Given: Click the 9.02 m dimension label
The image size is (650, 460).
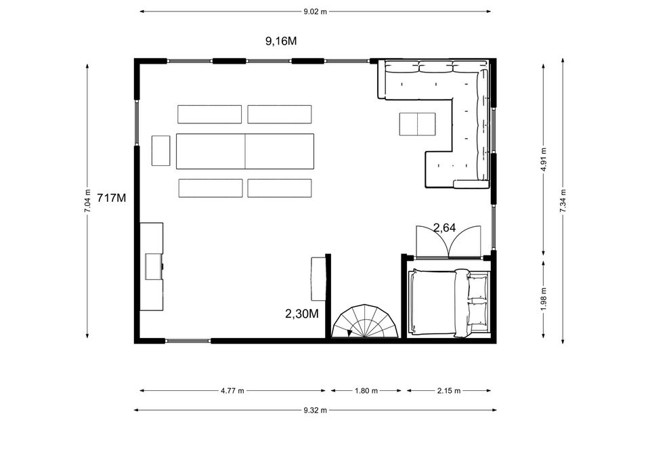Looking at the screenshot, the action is point(315,12).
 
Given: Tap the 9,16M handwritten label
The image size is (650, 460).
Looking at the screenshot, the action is point(281,41).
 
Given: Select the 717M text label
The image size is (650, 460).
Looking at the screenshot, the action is point(111,198).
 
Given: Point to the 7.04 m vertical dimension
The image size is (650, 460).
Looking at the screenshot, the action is point(87,201).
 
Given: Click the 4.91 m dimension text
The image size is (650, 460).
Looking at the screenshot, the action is point(544,159).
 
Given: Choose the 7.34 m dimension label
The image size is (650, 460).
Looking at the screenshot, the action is point(563,201).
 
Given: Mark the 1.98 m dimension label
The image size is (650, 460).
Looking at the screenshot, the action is point(544,299).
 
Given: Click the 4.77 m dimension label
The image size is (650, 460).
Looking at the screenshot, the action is point(232,390).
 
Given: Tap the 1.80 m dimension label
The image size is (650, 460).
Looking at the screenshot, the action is point(366,390).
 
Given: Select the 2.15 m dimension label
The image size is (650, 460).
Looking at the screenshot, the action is point(449,390).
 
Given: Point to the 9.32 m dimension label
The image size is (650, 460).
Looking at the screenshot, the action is point(315,411).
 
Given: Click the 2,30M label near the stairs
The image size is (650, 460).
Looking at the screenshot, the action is point(302,314).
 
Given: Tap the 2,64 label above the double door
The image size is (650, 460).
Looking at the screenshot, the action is point(444,228).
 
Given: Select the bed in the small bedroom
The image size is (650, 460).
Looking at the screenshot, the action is point(449,302).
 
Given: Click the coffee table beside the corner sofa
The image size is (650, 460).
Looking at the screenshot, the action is point(418,124).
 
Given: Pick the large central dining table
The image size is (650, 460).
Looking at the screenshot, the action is point(245,151).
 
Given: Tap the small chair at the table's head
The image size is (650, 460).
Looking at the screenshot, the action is point(161,150).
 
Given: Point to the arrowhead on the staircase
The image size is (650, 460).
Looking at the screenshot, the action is point(349,333).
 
